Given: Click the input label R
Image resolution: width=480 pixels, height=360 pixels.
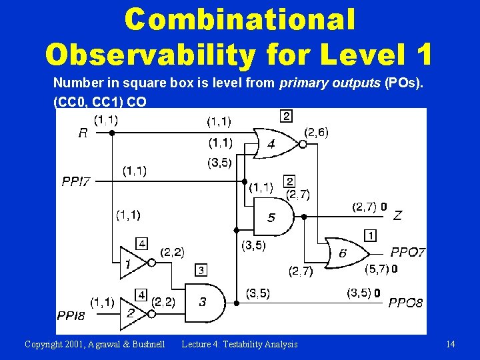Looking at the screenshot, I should click(x=83, y=133).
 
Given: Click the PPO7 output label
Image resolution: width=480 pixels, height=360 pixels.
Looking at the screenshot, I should click(x=406, y=253).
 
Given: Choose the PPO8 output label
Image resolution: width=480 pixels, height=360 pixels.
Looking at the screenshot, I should click(x=405, y=303).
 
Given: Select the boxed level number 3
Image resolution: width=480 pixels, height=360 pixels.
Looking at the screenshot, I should click(x=201, y=270).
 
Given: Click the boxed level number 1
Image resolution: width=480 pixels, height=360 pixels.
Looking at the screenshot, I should click(x=370, y=235).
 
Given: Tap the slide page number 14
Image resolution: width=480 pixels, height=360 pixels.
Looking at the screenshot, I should click(x=451, y=344).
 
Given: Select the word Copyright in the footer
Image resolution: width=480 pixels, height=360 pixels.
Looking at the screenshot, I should click(x=46, y=344).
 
